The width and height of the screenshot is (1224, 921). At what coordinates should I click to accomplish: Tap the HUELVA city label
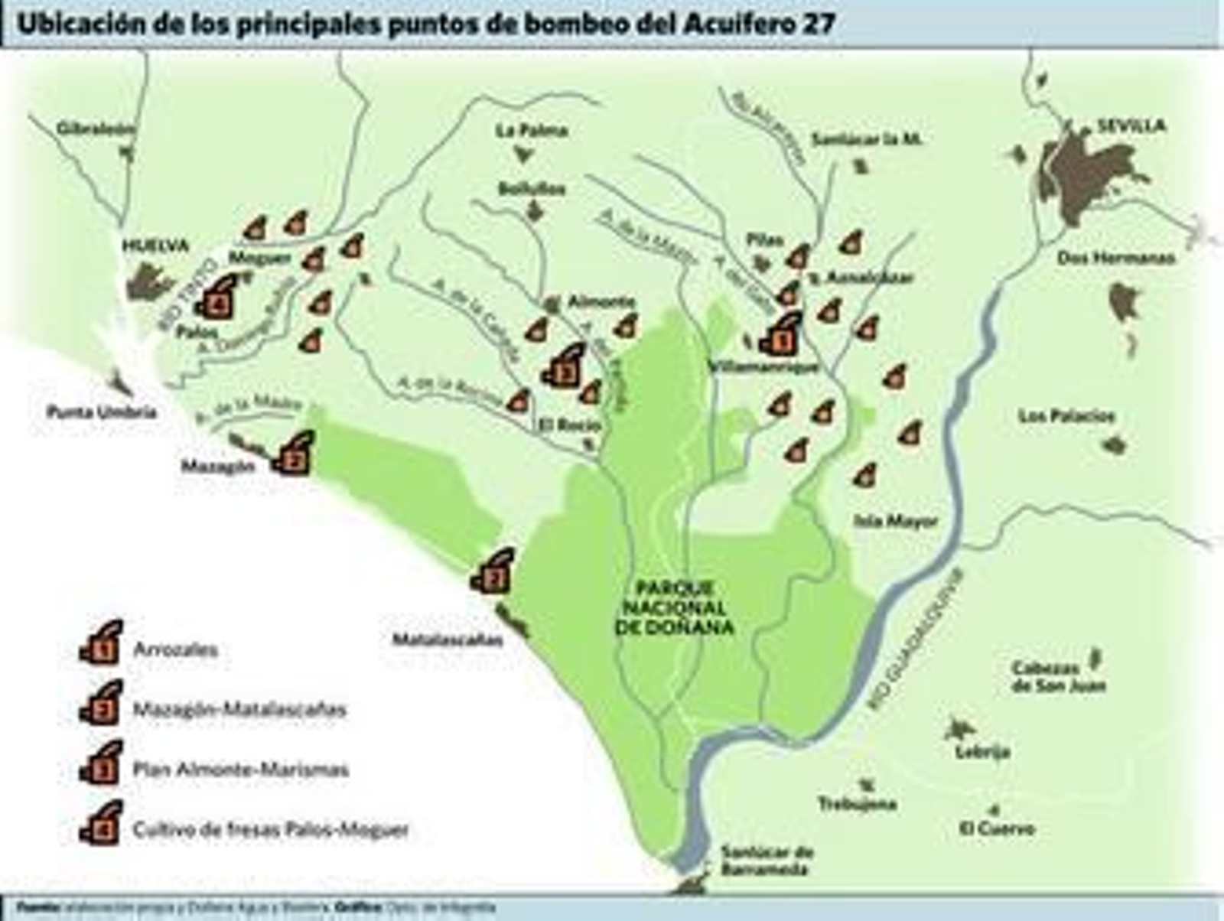pyautogui.click(x=156, y=246)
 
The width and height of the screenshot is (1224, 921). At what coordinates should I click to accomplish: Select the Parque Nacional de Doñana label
pyautogui.click(x=675, y=607)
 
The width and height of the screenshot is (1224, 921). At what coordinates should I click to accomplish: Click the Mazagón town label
pyautogui.click(x=217, y=465)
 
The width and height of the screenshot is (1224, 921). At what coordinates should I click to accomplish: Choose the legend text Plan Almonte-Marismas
pyautogui.click(x=241, y=769)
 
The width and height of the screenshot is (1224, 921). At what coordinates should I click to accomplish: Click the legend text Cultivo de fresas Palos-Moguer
pyautogui.click(x=271, y=828)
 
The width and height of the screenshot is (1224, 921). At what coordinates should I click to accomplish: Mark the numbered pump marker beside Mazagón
pyautogui.click(x=293, y=454)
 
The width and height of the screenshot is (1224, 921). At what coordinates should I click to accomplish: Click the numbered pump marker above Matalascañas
pyautogui.click(x=492, y=571)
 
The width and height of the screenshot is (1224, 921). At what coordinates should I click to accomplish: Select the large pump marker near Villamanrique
pyautogui.click(x=781, y=334)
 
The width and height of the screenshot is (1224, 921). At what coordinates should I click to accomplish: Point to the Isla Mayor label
pyautogui.click(x=896, y=521)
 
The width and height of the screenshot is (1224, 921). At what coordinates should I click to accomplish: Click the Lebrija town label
pyautogui.click(x=983, y=751)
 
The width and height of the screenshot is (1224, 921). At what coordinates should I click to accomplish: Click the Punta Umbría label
pyautogui.click(x=102, y=412)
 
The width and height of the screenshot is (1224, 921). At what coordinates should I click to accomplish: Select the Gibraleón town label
pyautogui.click(x=96, y=129)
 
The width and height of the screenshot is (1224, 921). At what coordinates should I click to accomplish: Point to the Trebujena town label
pyautogui.click(x=857, y=803)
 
